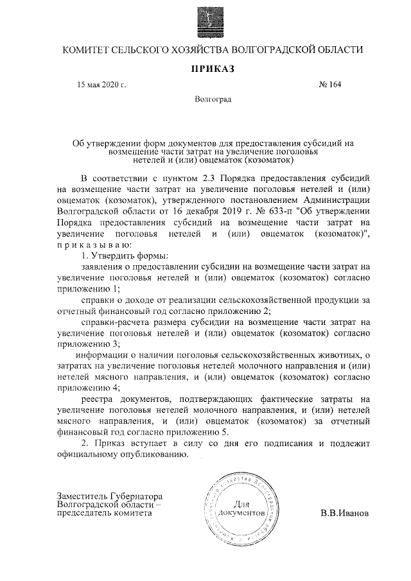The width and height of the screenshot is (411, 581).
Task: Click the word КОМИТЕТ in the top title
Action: click(x=86, y=49)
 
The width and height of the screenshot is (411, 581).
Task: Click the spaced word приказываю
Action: click(x=93, y=245)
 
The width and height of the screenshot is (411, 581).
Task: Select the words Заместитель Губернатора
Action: click(x=110, y=496)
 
